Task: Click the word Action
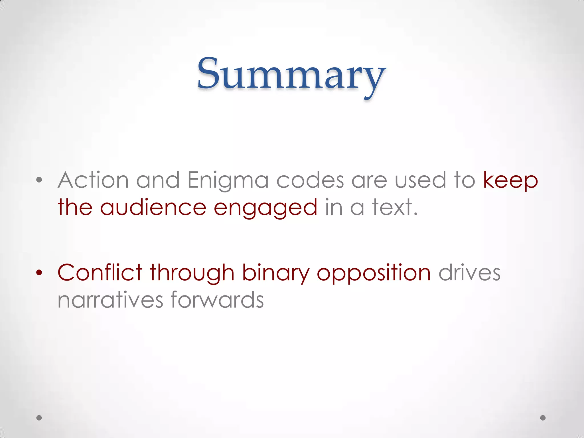coord(93,180)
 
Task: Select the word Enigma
coord(228,181)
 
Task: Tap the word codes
coord(310,180)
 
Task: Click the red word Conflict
coord(100,273)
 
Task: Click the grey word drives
coord(469,273)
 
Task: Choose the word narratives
coord(110,300)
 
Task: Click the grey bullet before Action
coord(39,180)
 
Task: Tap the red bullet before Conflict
coord(39,273)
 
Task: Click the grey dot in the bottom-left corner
coord(39,418)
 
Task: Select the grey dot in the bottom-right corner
coord(543,418)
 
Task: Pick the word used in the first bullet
coord(420,180)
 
